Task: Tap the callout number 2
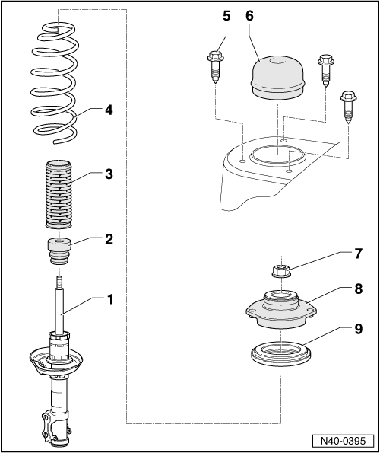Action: [x=109, y=239]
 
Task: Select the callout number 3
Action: [x=109, y=174]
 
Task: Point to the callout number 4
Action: [x=109, y=110]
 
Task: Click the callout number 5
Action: [x=226, y=16]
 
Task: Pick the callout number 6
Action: [x=250, y=16]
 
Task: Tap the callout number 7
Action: [x=358, y=254]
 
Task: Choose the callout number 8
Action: [x=358, y=289]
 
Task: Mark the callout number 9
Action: [x=358, y=329]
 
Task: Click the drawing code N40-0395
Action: [x=343, y=441]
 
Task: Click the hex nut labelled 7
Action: [x=280, y=272]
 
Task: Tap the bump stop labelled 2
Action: [x=59, y=250]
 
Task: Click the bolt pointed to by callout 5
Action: [x=216, y=67]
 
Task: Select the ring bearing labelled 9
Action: [x=280, y=355]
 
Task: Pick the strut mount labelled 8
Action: [x=280, y=310]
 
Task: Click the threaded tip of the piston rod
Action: [x=59, y=283]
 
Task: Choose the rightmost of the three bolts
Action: [x=349, y=107]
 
